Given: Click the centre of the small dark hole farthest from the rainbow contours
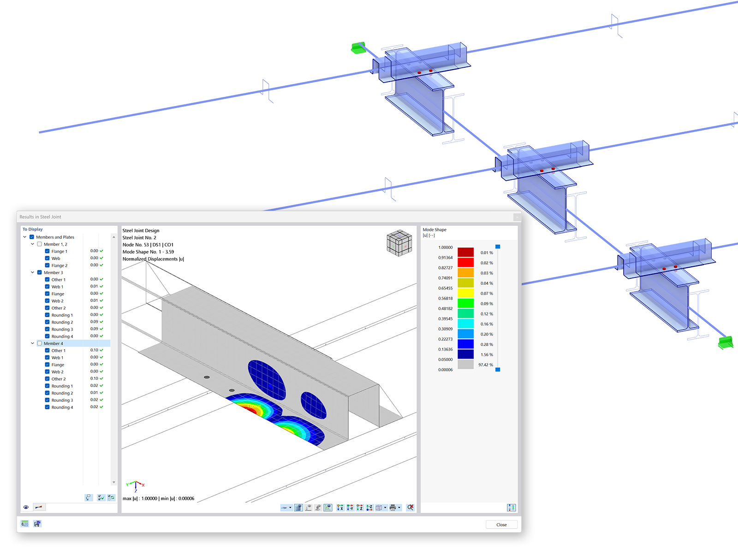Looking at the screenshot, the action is pyautogui.click(x=207, y=377).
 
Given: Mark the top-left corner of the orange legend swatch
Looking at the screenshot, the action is pyautogui.click(x=458, y=268).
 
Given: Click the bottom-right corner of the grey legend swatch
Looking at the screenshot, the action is pyautogui.click(x=474, y=369).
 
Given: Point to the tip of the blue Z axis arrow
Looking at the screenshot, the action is pyautogui.click(x=136, y=489).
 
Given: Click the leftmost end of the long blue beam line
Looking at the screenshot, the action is pyautogui.click(x=39, y=132).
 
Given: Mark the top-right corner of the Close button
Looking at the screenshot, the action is pyautogui.click(x=517, y=520).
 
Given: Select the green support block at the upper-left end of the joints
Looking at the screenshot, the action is pyautogui.click(x=358, y=47).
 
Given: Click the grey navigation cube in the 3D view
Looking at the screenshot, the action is pyautogui.click(x=399, y=243).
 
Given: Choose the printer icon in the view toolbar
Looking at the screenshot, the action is pyautogui.click(x=393, y=508).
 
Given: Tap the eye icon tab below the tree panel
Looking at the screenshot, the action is pyautogui.click(x=26, y=507).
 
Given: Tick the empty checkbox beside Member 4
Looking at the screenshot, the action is pyautogui.click(x=39, y=343).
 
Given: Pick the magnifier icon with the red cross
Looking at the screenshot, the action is pyautogui.click(x=410, y=507).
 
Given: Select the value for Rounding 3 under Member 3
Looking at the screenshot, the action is pyautogui.click(x=94, y=329).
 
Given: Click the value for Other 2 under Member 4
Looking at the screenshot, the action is pyautogui.click(x=94, y=378).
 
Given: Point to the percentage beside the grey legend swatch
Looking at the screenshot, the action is pyautogui.click(x=486, y=365).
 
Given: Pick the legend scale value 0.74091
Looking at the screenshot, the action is pyautogui.click(x=445, y=278).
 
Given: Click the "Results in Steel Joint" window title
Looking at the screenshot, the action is pyautogui.click(x=40, y=217).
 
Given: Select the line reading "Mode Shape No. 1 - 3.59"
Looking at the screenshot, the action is pyautogui.click(x=148, y=252).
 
